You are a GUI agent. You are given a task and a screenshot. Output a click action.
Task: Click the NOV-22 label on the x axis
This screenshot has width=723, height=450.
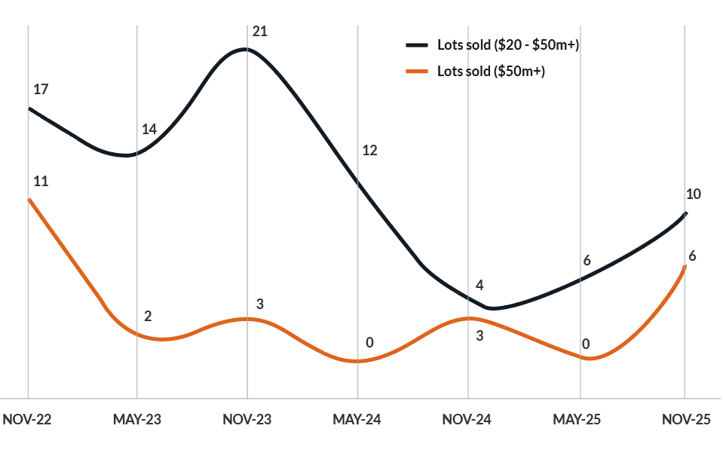(27, 420)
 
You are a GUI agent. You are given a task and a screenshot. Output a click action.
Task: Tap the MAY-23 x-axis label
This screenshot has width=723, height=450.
(137, 420)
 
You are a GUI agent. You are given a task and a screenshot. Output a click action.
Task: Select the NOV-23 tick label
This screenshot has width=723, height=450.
(247, 420)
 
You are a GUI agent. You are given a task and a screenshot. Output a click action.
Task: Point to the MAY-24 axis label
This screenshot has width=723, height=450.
(357, 420)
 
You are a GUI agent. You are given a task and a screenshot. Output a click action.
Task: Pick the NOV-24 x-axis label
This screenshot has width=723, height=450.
(467, 420)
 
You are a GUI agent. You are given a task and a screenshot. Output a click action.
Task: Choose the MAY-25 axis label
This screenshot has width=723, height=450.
(577, 420)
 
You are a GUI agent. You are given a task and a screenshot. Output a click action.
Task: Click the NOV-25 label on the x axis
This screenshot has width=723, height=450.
(686, 420)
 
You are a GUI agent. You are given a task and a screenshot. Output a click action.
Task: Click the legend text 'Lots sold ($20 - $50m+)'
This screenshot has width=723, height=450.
(507, 45)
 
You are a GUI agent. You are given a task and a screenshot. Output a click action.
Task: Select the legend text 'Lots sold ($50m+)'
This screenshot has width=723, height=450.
(491, 72)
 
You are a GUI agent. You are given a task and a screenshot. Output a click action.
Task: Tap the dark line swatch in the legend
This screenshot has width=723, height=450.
(417, 45)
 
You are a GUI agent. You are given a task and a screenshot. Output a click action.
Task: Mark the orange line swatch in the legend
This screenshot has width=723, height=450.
(417, 72)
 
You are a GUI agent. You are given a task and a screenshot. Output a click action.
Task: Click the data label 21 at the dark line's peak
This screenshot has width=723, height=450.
(260, 32)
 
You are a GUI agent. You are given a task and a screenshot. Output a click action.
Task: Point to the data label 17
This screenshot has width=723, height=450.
(41, 90)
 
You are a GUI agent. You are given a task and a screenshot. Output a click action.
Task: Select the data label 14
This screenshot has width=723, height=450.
(149, 130)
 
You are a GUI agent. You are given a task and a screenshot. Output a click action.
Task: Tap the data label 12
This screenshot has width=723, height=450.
(369, 151)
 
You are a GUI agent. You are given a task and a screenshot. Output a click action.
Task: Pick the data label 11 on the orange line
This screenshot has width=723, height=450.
(41, 182)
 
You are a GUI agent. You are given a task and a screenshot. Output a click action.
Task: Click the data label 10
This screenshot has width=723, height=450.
(694, 194)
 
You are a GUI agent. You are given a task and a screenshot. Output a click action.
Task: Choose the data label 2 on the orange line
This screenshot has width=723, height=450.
(148, 317)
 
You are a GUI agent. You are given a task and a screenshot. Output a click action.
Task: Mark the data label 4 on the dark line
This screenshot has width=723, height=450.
(479, 286)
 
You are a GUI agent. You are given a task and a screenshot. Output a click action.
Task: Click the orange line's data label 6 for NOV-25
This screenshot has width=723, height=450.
(692, 256)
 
